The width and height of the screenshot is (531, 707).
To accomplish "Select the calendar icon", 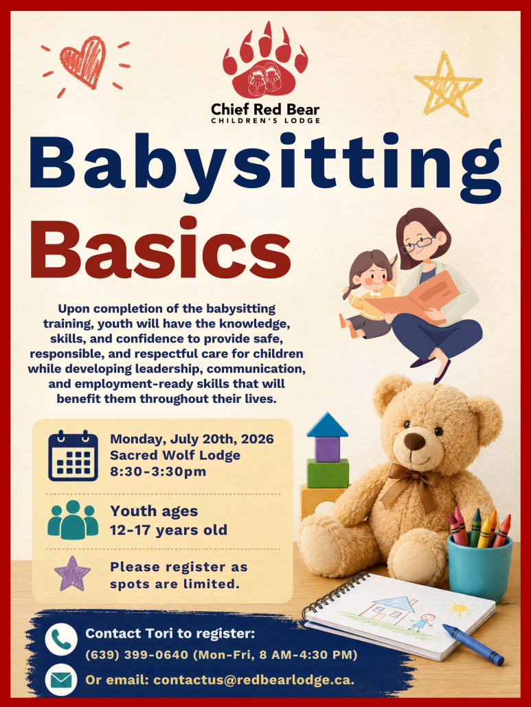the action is [73, 455].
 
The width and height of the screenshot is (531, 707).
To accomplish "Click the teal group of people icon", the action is [73, 520].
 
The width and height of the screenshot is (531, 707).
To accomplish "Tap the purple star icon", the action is [72, 574].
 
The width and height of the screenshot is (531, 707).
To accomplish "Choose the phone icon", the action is [61, 639].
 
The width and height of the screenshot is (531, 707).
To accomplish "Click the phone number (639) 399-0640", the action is [137, 655].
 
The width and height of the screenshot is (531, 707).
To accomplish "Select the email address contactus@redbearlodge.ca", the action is [253, 680].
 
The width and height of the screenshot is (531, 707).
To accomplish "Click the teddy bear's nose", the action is [415, 441].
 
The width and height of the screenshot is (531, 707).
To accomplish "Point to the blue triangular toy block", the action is [327, 425].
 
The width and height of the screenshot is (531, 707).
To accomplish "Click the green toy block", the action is [328, 473].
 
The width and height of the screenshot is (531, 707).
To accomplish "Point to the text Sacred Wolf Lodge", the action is [175, 455].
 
